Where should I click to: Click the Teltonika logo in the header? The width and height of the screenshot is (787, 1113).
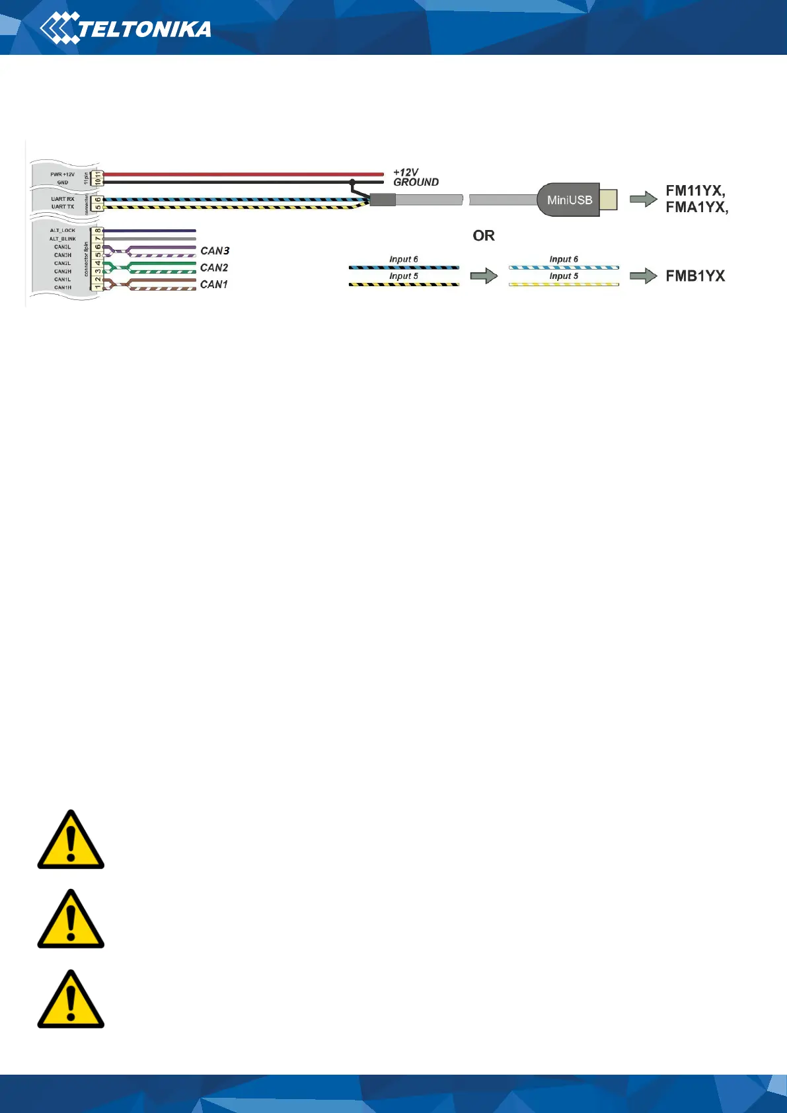tap(126, 28)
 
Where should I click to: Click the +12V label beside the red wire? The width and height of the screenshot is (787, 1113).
tap(406, 173)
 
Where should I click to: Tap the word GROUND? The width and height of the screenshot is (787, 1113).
tap(416, 182)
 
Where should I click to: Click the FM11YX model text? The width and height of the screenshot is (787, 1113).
tap(694, 191)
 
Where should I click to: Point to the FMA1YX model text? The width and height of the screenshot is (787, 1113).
tap(696, 207)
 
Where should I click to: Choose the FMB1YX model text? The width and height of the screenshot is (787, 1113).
tap(695, 276)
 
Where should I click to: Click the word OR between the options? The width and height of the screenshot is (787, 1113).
tap(484, 236)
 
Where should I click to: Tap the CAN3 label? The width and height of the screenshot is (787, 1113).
tap(215, 251)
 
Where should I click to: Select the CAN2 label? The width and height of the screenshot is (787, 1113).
tap(214, 268)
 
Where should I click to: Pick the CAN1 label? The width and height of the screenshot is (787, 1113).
tap(214, 285)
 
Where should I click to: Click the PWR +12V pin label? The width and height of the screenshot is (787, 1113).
tap(63, 174)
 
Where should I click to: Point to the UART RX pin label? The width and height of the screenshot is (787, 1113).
tap(63, 199)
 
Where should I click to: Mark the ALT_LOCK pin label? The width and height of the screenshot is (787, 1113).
tap(63, 231)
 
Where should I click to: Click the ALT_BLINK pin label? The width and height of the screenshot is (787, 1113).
tap(63, 239)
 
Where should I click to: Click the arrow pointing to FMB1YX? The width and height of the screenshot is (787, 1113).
tap(643, 276)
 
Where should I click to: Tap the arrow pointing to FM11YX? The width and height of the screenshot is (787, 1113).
tap(643, 199)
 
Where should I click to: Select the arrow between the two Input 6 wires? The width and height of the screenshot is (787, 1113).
tap(484, 276)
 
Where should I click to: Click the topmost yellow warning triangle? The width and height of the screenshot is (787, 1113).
tap(71, 841)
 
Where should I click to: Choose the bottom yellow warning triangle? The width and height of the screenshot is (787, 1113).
tap(71, 1001)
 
